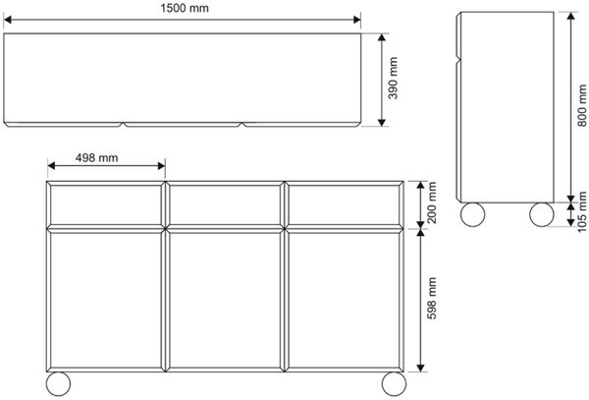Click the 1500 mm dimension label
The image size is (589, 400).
coord(185,8)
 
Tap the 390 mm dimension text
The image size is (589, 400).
coord(393,79)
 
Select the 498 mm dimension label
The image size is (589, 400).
coord(96,158)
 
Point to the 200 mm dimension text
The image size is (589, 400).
coord(432,202)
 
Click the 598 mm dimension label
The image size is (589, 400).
coord(432,299)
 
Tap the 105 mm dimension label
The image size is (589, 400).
coord(582,211)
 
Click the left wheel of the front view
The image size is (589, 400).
coord(58,384)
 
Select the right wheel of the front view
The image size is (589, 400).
coord(394,384)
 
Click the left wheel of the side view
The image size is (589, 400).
coord(472,214)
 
